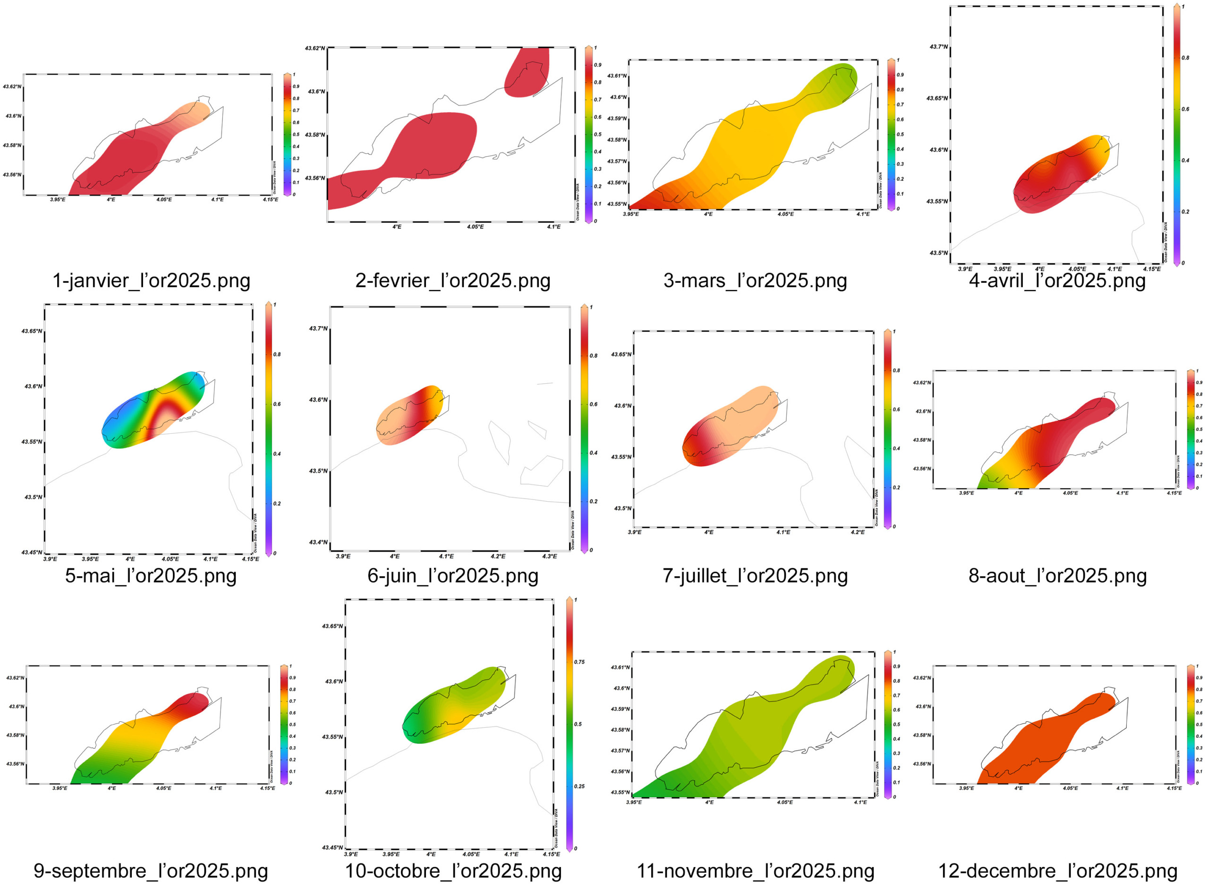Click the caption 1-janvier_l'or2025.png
151,280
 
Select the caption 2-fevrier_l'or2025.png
453,280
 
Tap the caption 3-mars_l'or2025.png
755,280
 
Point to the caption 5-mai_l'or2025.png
151,576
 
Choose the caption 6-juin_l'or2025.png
453,576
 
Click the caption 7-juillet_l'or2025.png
755,576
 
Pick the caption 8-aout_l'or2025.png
1057,576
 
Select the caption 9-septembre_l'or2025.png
151,871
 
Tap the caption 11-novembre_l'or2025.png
755,871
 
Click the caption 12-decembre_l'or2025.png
1057,871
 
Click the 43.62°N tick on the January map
12,87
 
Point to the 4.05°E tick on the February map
475,227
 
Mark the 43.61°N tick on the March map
617,76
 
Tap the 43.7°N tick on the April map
938,47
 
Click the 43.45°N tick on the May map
32,552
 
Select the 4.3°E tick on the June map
550,556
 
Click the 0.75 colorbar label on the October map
579,662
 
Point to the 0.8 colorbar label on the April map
1185,58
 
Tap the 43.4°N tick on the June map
318,542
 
